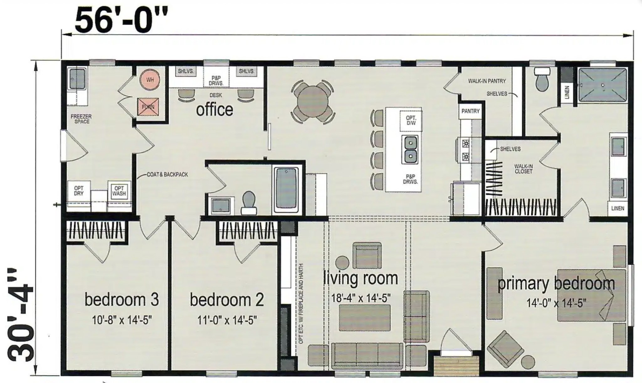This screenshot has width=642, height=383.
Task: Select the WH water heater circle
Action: [150, 80]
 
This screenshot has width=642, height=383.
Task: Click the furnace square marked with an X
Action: [148, 107]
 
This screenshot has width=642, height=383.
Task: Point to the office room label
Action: [214, 109]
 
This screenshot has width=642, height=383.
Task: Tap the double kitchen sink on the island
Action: [410, 150]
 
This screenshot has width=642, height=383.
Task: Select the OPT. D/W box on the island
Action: [411, 121]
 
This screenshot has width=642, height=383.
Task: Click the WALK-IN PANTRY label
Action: [487, 81]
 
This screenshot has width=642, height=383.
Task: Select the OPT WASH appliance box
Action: [119, 191]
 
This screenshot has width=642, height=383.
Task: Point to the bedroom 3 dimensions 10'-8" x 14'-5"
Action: [122, 320]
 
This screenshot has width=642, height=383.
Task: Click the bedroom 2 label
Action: [227, 300]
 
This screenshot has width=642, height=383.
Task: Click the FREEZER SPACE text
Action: [81, 119]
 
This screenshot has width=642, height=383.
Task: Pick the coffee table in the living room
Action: [365, 317]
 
